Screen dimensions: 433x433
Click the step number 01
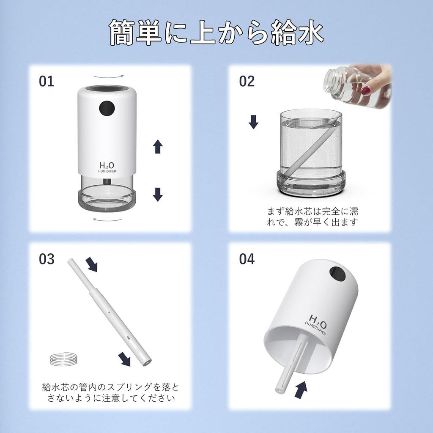pyautogui.click(x=47, y=81)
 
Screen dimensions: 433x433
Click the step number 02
pyautogui.click(x=247, y=81)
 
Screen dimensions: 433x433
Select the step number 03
pyautogui.click(x=47, y=259)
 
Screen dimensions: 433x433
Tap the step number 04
pyautogui.click(x=247, y=259)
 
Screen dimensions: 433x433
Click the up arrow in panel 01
pyautogui.click(x=158, y=147)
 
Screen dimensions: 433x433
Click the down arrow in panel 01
pyautogui.click(x=158, y=194)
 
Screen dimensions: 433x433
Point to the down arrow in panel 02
pyautogui.click(x=253, y=122)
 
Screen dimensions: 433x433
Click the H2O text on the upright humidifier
pyautogui.click(x=108, y=164)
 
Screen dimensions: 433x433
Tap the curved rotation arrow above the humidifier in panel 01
pyautogui.click(x=109, y=77)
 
